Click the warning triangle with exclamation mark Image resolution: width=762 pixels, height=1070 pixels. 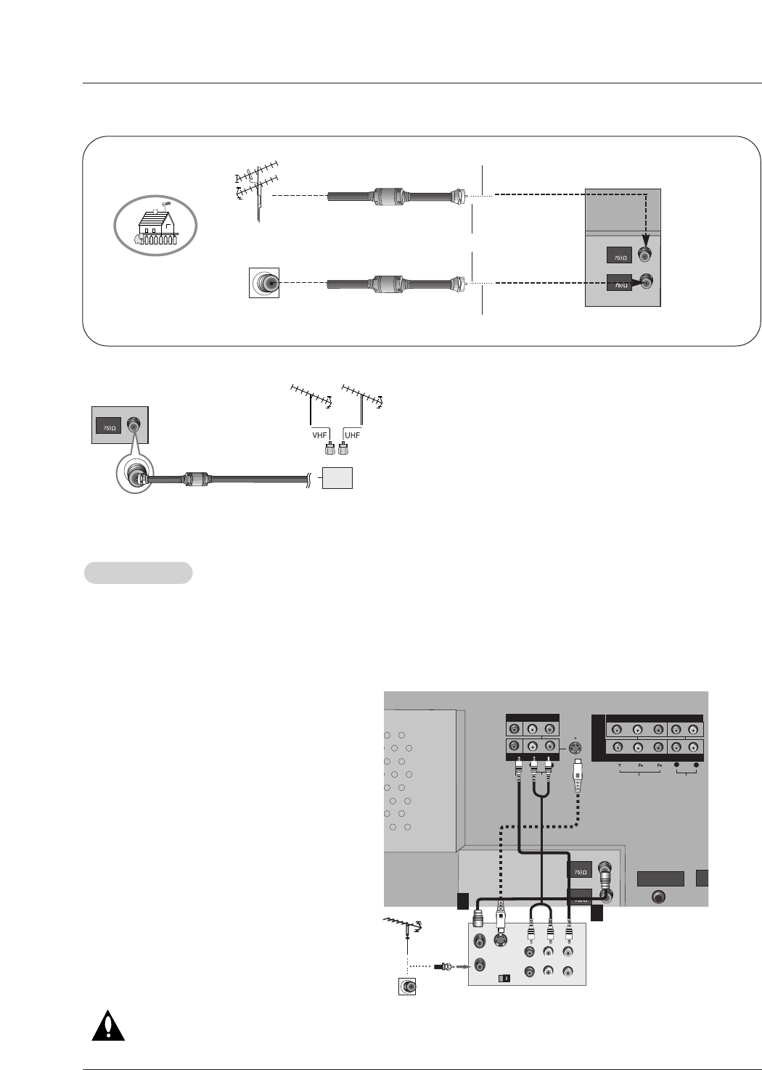(107, 1023)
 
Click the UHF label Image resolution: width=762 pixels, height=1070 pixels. (353, 435)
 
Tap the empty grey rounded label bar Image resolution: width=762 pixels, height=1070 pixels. (139, 572)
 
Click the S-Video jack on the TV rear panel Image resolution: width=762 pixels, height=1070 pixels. (574, 748)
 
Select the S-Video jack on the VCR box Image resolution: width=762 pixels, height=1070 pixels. (499, 941)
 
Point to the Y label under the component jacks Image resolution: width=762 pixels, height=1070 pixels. (618, 766)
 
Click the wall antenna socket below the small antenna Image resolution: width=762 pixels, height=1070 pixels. (407, 987)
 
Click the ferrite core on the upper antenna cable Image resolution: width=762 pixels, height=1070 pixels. (393, 196)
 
